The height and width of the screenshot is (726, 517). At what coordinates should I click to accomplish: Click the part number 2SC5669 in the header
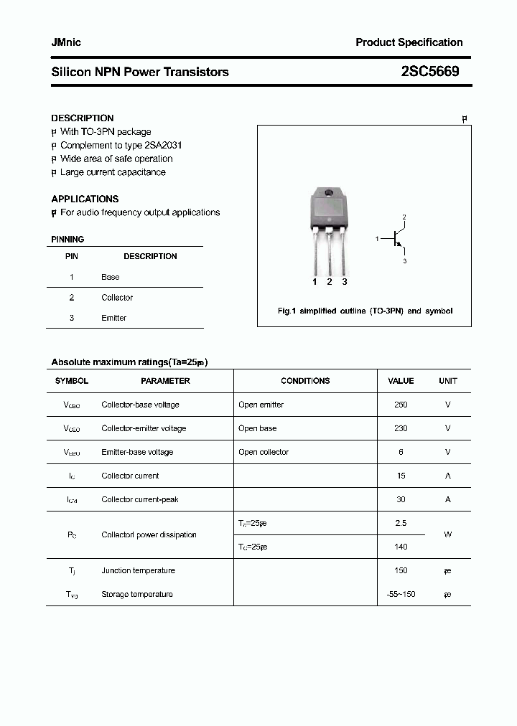(430, 72)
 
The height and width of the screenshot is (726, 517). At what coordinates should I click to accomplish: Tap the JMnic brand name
(66, 42)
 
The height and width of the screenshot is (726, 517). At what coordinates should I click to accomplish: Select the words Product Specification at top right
(409, 42)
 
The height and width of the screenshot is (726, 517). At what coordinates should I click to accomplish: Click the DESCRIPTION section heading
(82, 118)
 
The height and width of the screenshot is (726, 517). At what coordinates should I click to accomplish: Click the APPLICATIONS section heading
(85, 199)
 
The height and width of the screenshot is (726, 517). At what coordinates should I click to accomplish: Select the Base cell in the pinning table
(111, 277)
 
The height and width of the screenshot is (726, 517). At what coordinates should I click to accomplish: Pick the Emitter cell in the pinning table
(113, 318)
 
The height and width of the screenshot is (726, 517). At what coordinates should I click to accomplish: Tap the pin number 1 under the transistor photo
(315, 282)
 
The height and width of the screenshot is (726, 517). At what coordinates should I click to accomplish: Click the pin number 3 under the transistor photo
(345, 282)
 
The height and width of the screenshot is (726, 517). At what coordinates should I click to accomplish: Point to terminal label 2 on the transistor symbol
(404, 217)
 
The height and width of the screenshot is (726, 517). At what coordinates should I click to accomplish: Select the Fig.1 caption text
(365, 311)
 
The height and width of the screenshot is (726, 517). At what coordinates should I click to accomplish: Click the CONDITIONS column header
(305, 381)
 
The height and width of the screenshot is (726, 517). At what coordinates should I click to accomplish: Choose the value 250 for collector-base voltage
(401, 405)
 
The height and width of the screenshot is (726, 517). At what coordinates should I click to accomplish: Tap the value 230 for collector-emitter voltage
(401, 428)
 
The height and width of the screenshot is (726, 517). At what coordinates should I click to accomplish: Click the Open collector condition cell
(264, 452)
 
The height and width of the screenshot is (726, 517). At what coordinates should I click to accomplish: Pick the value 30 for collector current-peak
(401, 499)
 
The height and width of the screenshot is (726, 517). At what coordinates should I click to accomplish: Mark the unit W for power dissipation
(447, 534)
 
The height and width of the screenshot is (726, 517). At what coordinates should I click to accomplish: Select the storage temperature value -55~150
(401, 594)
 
